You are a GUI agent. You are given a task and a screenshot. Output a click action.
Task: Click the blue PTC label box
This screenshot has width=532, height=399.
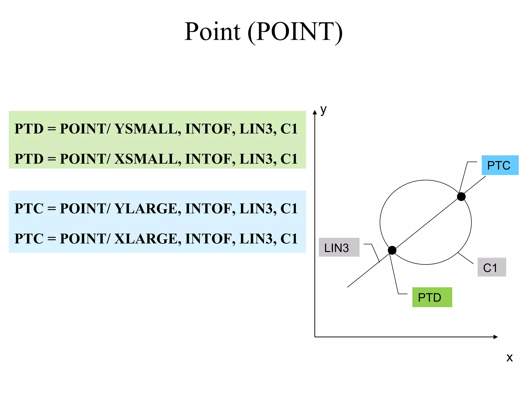(500, 165)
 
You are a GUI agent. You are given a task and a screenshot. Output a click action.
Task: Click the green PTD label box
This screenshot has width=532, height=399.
(432, 297)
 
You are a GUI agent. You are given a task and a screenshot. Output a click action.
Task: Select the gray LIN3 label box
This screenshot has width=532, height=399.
(339, 247)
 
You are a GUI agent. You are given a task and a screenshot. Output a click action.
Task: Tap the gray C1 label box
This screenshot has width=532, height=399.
(491, 267)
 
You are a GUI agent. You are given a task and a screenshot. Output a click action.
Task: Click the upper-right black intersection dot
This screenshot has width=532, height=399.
(461, 197)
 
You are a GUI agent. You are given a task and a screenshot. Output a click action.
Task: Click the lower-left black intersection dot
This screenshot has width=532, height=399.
(392, 250)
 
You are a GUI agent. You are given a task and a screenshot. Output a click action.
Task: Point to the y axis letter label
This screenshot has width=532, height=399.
(323, 110)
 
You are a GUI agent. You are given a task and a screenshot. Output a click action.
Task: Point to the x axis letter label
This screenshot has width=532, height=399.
(509, 358)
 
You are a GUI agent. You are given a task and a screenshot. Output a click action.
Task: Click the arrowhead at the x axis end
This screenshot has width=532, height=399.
(495, 337)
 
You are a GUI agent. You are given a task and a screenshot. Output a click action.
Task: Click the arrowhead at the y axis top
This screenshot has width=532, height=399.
(315, 112)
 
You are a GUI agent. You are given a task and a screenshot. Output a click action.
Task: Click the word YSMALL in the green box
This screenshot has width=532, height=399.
(148, 129)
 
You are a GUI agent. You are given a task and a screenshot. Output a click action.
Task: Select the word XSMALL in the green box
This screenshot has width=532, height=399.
(148, 159)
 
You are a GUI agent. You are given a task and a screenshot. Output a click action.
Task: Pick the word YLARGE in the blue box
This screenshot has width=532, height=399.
(148, 209)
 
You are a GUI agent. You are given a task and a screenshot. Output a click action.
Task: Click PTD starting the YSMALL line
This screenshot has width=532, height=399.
(29, 129)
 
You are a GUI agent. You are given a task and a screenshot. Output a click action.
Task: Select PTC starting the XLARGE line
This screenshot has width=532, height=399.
(29, 239)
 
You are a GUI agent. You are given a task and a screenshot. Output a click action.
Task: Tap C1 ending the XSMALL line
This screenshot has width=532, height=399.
(289, 159)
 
